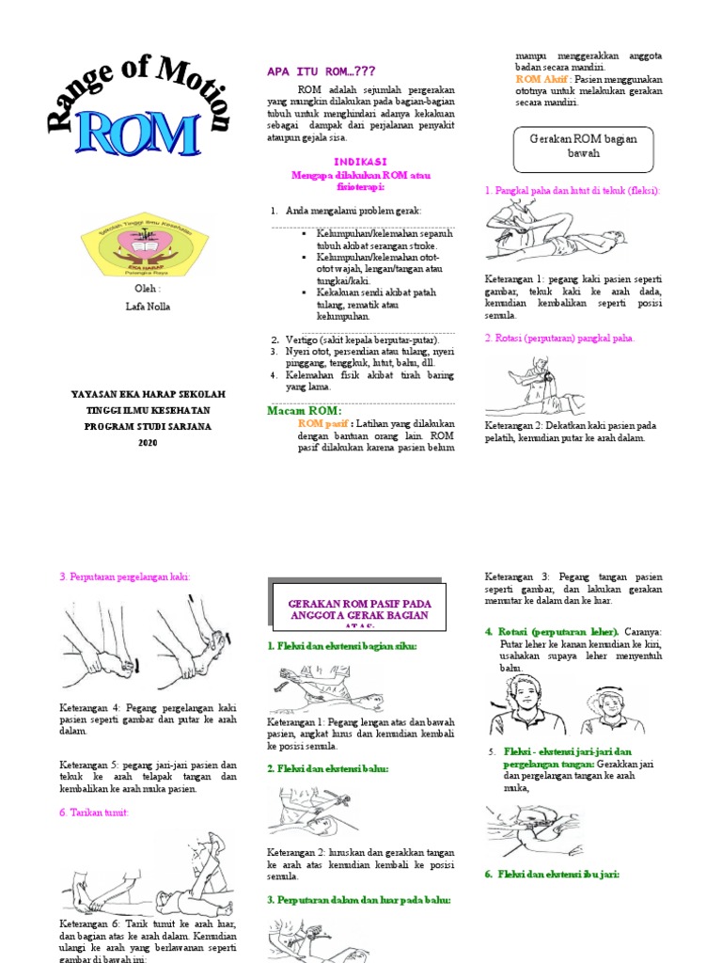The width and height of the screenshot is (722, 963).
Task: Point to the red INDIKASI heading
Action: pos(361,161)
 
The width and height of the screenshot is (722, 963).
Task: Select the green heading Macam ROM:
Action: pos(303,410)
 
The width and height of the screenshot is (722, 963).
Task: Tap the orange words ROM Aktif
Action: pos(541,80)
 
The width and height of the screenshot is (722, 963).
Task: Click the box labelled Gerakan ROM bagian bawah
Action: pos(583,145)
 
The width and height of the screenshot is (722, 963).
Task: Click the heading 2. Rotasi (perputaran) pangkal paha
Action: pos(559,338)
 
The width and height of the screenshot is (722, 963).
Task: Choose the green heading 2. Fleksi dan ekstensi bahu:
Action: pos(327,768)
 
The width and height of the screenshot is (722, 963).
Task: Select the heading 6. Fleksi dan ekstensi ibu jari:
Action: pos(552,874)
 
